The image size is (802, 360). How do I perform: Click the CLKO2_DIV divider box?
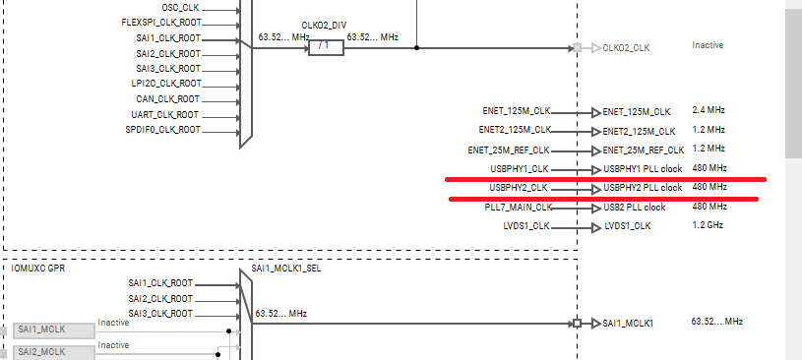[326, 47]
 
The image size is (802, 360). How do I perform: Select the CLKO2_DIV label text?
[327, 25]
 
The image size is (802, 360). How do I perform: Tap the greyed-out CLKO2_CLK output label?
[626, 47]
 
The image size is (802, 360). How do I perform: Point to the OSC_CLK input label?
[181, 7]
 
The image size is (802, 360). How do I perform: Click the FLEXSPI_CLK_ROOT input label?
[160, 22]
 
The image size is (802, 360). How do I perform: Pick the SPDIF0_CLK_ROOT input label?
[163, 129]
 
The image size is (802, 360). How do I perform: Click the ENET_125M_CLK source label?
[516, 111]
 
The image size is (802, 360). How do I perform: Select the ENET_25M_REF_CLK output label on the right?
[644, 150]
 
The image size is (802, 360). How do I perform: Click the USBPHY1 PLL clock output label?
[643, 169]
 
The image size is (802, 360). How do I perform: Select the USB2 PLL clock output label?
[634, 208]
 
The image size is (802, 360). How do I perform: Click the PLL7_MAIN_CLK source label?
[518, 208]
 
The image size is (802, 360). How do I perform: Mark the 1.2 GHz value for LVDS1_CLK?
[709, 225]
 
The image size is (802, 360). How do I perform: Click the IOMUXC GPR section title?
[38, 267]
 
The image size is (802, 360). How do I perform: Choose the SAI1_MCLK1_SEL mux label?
[285, 268]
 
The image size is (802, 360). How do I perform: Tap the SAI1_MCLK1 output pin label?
[630, 324]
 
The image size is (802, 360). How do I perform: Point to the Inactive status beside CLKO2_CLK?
[709, 45]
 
